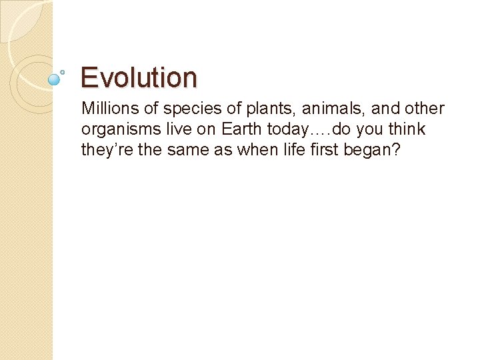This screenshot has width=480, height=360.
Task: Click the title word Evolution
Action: tap(139, 77)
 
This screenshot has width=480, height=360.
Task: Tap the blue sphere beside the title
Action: tap(55, 79)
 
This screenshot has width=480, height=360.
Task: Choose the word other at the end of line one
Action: tap(423, 109)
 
